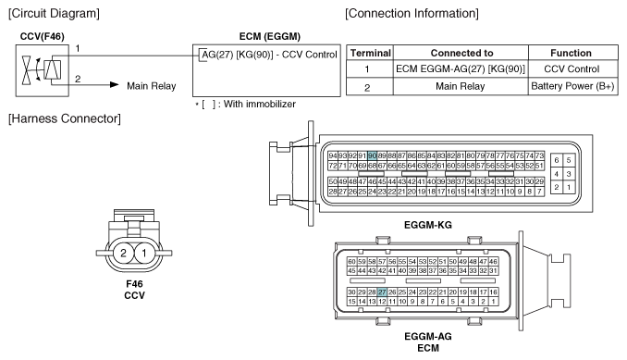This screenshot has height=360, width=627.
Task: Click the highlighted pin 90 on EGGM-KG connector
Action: [373, 155]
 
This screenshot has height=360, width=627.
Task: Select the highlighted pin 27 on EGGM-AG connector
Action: [382, 292]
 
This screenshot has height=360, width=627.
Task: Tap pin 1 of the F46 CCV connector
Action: [144, 253]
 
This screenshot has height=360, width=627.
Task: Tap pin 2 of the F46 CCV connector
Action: [123, 253]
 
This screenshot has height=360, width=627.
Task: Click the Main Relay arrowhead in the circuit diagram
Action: [115, 85]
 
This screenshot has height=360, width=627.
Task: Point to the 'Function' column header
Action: [571, 53]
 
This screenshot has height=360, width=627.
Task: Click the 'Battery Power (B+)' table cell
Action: [572, 86]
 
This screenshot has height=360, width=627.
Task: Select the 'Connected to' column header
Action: [461, 53]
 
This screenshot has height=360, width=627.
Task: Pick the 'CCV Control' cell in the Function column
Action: [572, 68]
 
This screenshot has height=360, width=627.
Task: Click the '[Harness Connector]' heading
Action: [65, 118]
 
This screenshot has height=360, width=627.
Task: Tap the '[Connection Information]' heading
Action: [412, 13]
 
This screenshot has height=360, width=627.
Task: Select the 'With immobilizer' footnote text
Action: [260, 104]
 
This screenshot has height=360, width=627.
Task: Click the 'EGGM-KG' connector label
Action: [428, 225]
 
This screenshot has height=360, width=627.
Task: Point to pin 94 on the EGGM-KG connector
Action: [333, 155]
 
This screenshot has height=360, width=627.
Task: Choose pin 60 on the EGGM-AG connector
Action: [351, 262]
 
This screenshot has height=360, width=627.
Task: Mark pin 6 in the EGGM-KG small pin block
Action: [556, 160]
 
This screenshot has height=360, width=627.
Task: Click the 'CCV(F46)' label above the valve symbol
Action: [42, 36]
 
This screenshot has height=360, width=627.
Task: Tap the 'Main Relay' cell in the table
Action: [461, 86]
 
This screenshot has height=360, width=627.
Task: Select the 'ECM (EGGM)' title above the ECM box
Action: [270, 36]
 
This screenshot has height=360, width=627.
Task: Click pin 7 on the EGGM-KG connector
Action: [539, 192]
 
